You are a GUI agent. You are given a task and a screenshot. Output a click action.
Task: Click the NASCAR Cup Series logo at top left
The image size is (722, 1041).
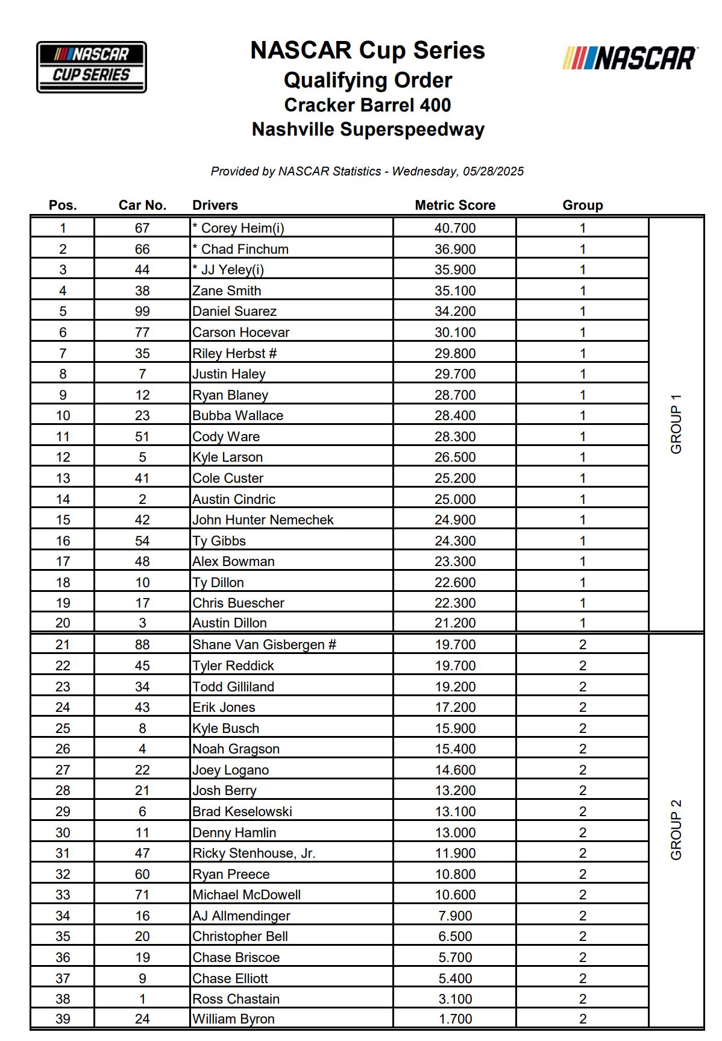(x=91, y=67)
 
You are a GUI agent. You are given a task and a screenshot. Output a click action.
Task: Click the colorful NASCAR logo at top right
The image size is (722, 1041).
(x=630, y=58)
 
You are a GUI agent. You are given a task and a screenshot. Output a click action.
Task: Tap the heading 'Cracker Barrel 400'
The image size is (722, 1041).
(x=367, y=105)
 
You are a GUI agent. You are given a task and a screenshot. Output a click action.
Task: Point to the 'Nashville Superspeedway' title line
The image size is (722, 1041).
(x=368, y=129)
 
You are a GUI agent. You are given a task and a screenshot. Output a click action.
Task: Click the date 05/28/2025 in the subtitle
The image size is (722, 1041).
(x=493, y=171)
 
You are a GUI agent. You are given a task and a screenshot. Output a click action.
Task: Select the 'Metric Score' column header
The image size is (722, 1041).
(x=454, y=205)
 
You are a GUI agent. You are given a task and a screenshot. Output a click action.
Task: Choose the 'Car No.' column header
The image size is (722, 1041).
(x=142, y=205)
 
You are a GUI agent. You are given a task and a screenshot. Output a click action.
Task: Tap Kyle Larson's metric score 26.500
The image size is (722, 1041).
(x=455, y=457)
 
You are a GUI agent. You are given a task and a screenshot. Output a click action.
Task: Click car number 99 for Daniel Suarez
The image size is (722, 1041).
(x=142, y=311)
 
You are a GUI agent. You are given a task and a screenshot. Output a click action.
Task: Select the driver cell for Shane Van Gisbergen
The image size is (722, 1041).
(x=264, y=644)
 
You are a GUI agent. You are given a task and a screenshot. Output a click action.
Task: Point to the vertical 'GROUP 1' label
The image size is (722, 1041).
(x=676, y=424)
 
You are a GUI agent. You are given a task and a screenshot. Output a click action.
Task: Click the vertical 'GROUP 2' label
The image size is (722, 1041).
(x=676, y=829)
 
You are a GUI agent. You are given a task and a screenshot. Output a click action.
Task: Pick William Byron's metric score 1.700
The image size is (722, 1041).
(x=455, y=1019)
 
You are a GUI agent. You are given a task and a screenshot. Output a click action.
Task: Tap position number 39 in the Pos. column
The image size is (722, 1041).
(x=63, y=1019)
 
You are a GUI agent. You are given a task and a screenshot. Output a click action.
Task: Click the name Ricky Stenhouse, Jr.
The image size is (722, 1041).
(x=254, y=853)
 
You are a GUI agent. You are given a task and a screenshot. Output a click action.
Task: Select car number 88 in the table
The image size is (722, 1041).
(x=142, y=644)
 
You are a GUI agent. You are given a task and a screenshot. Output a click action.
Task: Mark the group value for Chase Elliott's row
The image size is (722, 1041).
(x=582, y=978)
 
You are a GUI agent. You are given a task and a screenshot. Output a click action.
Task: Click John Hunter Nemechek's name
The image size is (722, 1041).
(x=263, y=520)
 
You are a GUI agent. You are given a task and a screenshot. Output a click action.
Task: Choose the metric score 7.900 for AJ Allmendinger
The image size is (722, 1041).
(x=455, y=916)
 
